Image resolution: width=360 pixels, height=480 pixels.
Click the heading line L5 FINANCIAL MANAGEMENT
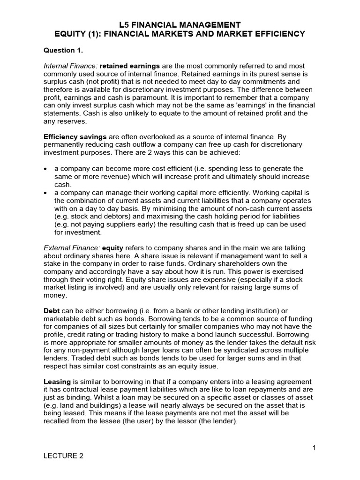pyautogui.click(x=180, y=24)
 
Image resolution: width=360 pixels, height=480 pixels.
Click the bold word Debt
pyautogui.click(x=51, y=311)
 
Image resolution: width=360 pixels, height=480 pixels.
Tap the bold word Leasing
pyautogui.click(x=57, y=382)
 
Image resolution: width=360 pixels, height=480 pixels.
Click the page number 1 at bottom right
pyautogui.click(x=315, y=448)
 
